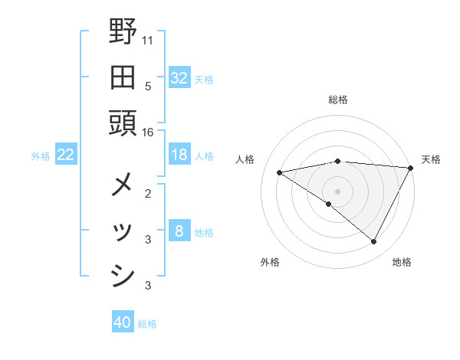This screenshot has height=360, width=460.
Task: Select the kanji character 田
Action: pos(123,77)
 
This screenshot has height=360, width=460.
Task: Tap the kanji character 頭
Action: pos(123,123)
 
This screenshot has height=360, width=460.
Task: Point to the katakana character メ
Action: pos(123,185)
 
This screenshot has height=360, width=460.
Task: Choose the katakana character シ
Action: pos(123,277)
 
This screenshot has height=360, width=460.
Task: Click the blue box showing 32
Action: pos(179,78)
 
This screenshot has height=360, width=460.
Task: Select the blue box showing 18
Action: pos(179,155)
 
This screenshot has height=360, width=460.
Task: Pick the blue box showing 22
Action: pos(65,155)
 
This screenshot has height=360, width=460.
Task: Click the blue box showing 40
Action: pos(122,323)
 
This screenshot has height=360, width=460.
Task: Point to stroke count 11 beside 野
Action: pos(148,39)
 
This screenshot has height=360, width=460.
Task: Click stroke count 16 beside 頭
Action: pos(148,132)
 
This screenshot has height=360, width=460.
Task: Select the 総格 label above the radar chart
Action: pos(338,100)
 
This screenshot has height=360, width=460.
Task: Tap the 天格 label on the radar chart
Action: pos(431,159)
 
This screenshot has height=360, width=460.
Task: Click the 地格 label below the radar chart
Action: pos(402,262)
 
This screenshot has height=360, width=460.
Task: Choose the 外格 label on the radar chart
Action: pos(269,262)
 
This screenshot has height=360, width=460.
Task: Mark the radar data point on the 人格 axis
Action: pos(280,172)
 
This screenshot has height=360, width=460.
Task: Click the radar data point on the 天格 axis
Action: pos(411,168)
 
